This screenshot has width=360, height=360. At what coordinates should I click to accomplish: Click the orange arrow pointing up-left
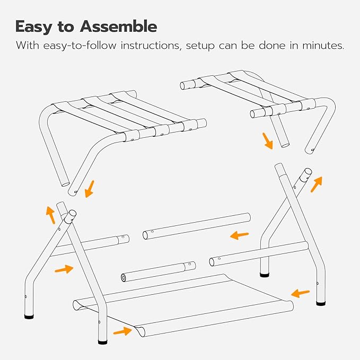(50, 215)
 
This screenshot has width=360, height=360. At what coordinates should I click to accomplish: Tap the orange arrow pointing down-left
(89, 189)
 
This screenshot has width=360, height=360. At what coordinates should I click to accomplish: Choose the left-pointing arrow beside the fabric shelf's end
(300, 292)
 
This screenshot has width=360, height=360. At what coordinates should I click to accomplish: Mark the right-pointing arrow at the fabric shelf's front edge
(121, 331)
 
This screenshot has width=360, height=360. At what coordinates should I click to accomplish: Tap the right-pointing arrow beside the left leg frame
(64, 269)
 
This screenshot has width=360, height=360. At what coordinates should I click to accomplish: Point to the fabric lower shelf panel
(186, 308)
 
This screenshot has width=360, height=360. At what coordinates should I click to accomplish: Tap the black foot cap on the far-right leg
(321, 304)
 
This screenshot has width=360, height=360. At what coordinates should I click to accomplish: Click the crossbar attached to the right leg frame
(259, 253)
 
